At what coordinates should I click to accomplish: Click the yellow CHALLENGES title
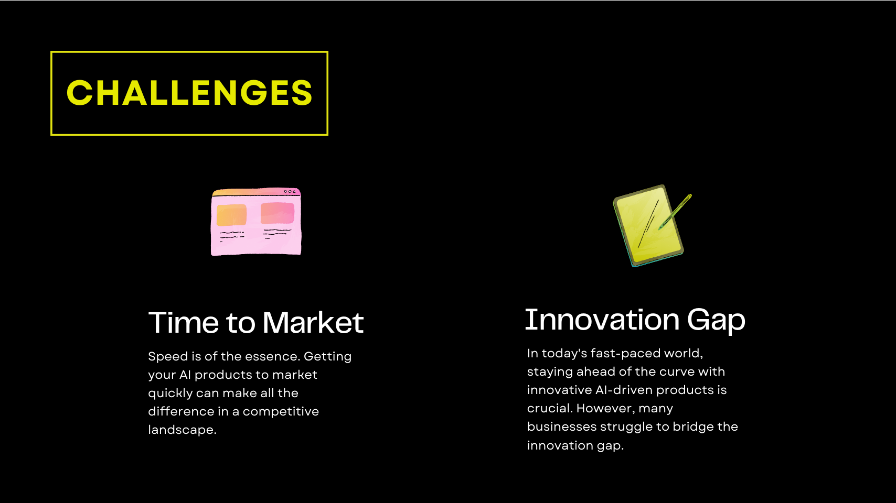pyautogui.click(x=189, y=93)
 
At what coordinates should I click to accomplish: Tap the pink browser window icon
pyautogui.click(x=256, y=221)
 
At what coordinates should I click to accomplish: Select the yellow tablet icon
pyautogui.click(x=648, y=226)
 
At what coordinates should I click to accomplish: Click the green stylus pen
pyautogui.click(x=675, y=212)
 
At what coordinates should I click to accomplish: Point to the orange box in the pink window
pyautogui.click(x=231, y=215)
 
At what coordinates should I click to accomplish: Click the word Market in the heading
pyautogui.click(x=313, y=322)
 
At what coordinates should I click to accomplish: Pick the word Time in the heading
pyautogui.click(x=184, y=322)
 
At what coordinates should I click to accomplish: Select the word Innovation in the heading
pyautogui.click(x=602, y=320)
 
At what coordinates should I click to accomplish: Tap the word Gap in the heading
pyautogui.click(x=716, y=321)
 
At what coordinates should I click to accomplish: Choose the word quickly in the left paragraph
pyautogui.click(x=170, y=393)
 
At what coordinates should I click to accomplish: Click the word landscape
pyautogui.click(x=182, y=430)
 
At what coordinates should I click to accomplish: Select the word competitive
pyautogui.click(x=281, y=412)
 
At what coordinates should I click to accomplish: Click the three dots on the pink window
pyautogui.click(x=290, y=192)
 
